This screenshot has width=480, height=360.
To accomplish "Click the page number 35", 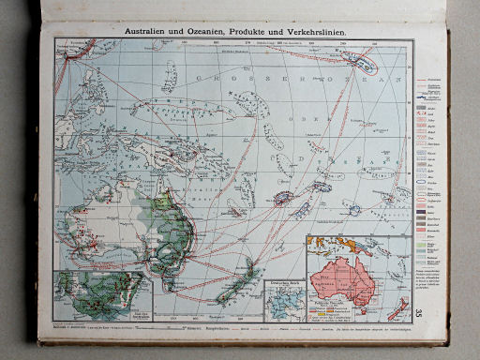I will [418, 314].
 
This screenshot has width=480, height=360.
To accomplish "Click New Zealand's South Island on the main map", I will [231, 285].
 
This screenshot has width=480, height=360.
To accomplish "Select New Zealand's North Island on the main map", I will [251, 265].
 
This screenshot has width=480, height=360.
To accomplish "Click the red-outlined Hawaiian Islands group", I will [361, 62].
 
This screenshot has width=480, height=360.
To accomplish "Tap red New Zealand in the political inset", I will [397, 310].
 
